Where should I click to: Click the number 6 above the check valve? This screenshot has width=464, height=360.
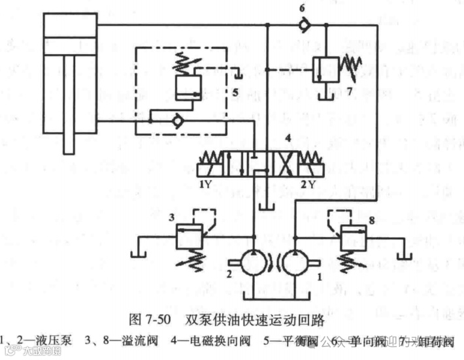302,8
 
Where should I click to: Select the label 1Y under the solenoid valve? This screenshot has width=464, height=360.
207,183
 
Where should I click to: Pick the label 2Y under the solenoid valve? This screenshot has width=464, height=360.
307,183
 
